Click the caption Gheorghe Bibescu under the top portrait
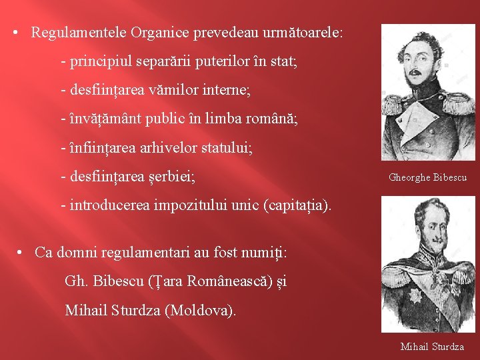(427, 177)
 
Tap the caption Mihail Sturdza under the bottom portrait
(432, 347)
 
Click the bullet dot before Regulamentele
(15, 33)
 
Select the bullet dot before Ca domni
(21, 253)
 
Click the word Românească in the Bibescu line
(231, 281)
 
